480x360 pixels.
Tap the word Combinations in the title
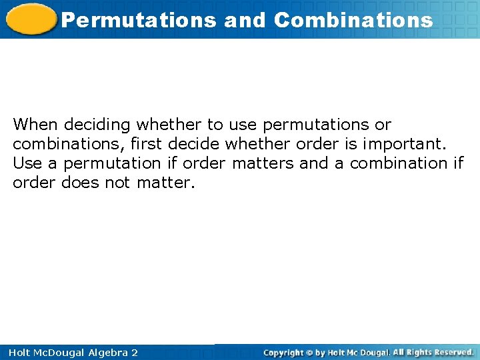tap(353, 20)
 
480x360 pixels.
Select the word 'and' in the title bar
tap(245, 20)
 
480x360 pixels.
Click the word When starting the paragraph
tap(36, 125)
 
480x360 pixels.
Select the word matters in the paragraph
tap(263, 163)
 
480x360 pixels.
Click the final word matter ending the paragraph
tap(165, 183)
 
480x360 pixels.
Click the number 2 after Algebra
tap(134, 353)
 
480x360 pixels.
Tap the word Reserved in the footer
tap(453, 352)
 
